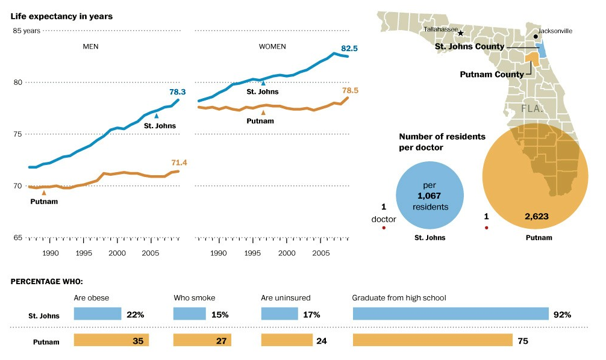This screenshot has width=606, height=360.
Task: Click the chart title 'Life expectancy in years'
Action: [61, 16]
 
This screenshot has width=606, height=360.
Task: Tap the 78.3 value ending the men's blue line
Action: [178, 92]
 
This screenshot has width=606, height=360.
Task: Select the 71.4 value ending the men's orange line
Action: [180, 163]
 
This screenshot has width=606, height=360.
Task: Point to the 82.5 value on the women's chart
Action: [350, 47]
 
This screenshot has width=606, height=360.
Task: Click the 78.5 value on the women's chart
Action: [350, 91]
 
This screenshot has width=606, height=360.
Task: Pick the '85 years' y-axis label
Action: [26, 31]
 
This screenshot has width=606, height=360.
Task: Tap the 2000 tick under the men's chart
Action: [117, 253]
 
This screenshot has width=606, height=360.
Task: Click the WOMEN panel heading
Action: [272, 46]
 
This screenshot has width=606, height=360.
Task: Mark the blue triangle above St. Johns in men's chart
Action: [157, 116]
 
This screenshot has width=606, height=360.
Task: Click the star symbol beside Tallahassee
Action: [461, 33]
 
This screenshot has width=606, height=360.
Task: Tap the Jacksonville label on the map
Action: [555, 31]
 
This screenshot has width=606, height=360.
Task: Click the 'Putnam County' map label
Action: [492, 74]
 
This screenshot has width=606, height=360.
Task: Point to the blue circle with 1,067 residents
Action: [429, 197]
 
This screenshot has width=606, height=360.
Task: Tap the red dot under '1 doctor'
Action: [384, 228]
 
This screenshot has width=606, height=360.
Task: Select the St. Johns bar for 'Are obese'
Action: [98, 314]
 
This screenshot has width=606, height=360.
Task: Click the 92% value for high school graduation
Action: [562, 315]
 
